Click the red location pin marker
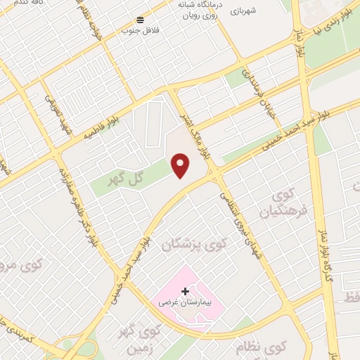click(181, 165)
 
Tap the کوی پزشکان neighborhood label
click(195, 244)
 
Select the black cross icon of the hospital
click(185, 290)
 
